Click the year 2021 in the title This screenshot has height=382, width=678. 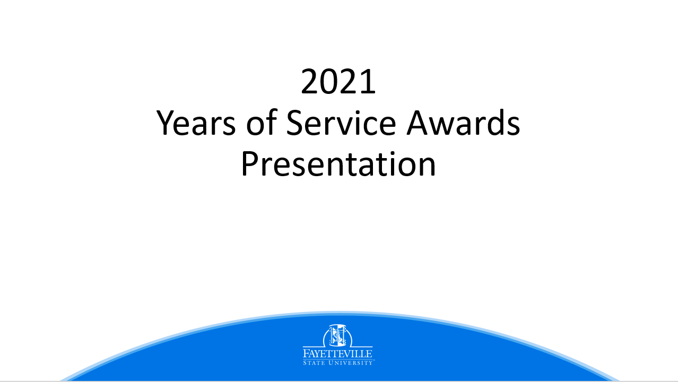[x=338, y=82]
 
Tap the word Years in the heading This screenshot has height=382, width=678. [x=196, y=123]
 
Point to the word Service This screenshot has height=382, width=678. [x=341, y=122]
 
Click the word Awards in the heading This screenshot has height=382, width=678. [x=463, y=122]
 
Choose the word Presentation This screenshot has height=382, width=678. [x=338, y=163]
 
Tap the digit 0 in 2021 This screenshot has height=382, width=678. [x=329, y=82]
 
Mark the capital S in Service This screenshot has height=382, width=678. [x=294, y=122]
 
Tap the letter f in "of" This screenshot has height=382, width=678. [x=272, y=121]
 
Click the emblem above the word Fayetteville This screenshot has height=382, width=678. [x=337, y=336]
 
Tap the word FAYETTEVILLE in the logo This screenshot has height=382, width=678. [x=337, y=353]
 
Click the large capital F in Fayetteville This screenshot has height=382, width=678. [x=306, y=353]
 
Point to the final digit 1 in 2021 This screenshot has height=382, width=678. [x=369, y=82]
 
